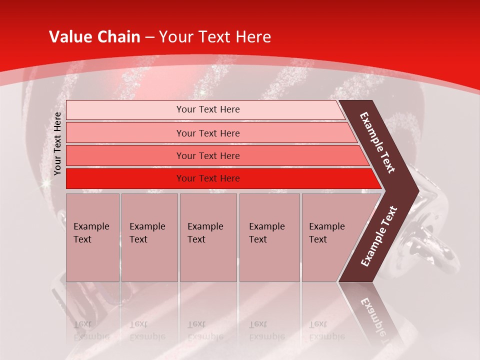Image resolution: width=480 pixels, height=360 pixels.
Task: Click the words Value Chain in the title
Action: [94, 37]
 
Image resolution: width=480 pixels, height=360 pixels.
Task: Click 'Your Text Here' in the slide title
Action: [215, 37]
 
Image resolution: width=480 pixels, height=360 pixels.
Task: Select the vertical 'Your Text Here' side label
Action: [57, 144]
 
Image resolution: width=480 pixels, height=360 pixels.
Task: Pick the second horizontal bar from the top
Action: [207, 133]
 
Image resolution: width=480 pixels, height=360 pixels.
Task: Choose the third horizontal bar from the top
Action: [207, 155]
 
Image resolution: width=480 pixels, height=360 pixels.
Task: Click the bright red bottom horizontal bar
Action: [207, 178]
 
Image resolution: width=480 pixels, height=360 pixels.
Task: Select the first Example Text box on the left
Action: [92, 237]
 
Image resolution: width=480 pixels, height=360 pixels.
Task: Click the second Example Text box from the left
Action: [149, 237]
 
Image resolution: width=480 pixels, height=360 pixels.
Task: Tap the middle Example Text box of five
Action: [208, 237]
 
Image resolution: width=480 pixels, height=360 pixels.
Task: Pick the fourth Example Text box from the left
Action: [269, 237]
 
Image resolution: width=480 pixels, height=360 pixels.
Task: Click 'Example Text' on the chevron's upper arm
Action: [377, 142]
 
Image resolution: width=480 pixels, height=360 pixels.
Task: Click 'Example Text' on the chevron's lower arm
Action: [378, 236]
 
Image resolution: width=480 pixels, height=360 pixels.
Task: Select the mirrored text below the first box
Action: [91, 330]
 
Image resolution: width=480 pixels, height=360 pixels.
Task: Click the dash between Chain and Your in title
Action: [149, 37]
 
